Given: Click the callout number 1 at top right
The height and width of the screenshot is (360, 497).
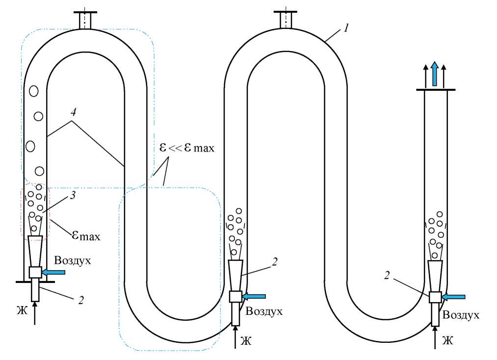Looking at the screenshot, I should click(346, 28).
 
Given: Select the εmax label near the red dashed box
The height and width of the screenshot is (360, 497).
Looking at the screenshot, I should click(86, 236).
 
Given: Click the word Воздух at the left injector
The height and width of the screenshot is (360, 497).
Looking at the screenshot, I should click(73, 259).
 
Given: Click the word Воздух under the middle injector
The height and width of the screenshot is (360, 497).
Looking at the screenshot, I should click(264, 310).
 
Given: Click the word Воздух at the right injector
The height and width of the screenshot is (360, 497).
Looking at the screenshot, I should click(461, 315).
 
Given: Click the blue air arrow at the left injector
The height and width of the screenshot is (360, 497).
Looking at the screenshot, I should click(54, 271).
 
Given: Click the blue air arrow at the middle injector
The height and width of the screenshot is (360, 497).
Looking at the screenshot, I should click(255, 296).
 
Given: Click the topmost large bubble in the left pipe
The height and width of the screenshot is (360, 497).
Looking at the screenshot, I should click(34, 91).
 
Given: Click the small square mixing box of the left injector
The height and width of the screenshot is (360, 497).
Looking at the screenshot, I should click(35, 272).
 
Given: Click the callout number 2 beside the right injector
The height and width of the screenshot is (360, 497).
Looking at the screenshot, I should click(387, 276).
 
